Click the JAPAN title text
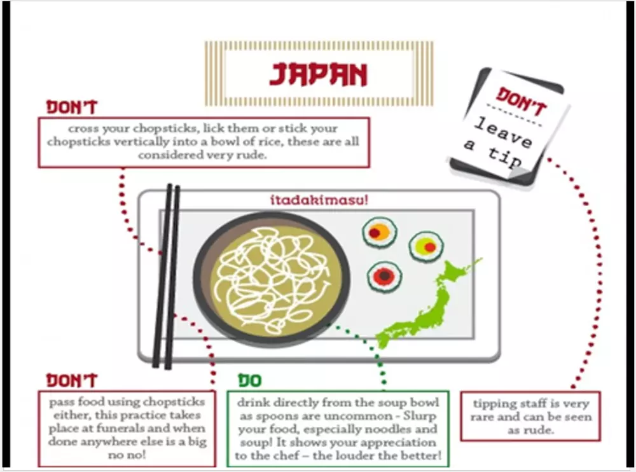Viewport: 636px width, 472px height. (x=318, y=74)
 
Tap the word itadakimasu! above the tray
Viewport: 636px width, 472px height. (x=319, y=200)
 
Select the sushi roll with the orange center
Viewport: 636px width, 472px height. (x=380, y=232)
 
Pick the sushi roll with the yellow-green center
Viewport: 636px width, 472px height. (x=426, y=246)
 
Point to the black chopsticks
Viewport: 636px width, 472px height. (x=166, y=276)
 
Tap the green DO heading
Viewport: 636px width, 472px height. (x=250, y=380)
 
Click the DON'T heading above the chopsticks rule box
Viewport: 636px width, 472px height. (x=73, y=108)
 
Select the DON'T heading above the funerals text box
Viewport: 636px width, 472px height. (x=73, y=380)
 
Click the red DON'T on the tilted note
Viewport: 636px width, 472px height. (x=522, y=101)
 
